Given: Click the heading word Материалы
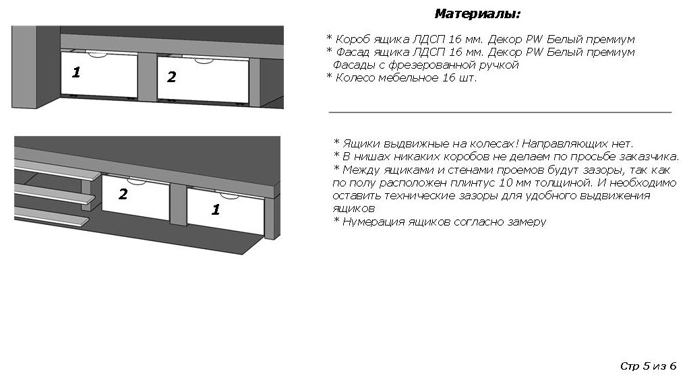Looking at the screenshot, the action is click(477, 14).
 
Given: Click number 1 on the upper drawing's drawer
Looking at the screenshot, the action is click(76, 72).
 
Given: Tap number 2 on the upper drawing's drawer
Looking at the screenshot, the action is click(171, 77).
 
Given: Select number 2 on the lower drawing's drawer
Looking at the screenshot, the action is click(123, 194).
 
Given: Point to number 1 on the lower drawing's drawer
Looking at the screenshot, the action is click(216, 209).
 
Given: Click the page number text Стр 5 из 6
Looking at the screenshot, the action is click(648, 366).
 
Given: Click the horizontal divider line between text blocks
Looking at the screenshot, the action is click(500, 112).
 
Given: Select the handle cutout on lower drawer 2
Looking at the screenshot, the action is click(136, 182).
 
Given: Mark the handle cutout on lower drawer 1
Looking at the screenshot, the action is click(229, 195).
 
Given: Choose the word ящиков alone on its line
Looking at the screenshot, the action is click(354, 209).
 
